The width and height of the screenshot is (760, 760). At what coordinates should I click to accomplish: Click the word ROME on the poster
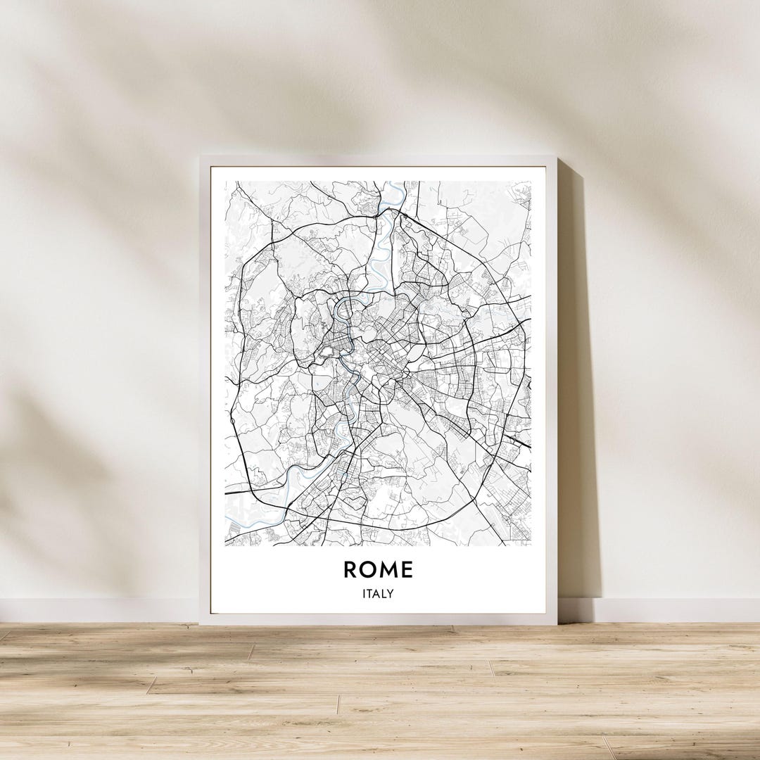pos(378,569)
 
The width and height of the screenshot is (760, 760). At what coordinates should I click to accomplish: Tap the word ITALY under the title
pos(378,594)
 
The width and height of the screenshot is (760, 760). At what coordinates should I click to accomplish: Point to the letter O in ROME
pos(368,569)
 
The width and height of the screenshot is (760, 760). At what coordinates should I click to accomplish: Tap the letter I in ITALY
pos(365,594)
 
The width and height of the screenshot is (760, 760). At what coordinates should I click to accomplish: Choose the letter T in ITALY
pos(370,594)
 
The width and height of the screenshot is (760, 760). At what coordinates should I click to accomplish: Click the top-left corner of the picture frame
pos(201,157)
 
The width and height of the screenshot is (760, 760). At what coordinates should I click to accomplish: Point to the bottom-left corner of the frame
pos(201,623)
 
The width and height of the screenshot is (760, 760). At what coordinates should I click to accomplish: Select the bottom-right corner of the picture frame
pos(557,623)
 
